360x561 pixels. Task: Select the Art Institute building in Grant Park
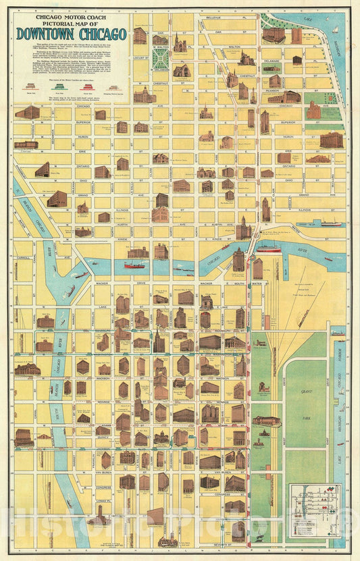click(x=265, y=421)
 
